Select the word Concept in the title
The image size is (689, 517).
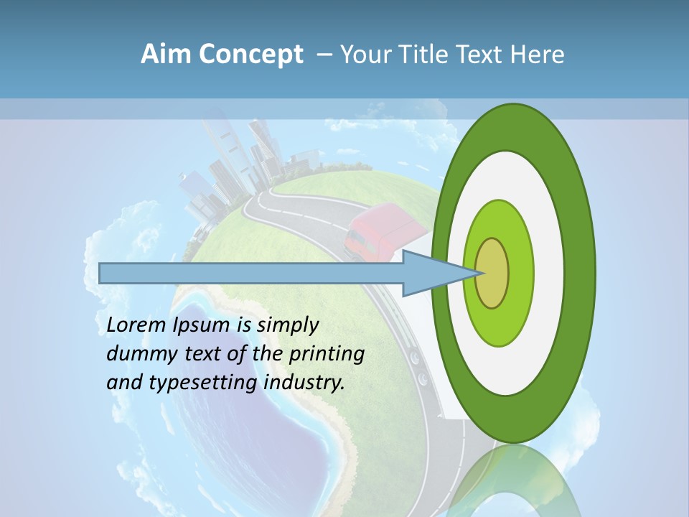(250, 55)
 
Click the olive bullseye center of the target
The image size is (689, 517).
(492, 273)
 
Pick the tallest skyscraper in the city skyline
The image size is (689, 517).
(219, 144)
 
